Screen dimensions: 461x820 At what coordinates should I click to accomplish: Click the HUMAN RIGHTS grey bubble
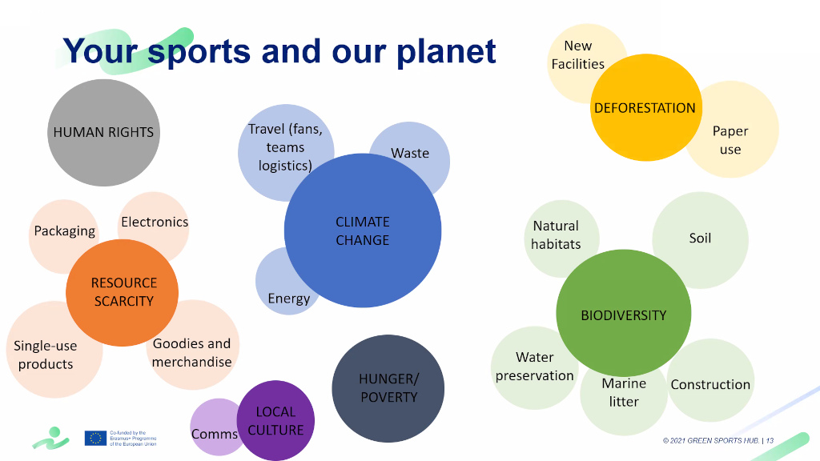tap(103, 132)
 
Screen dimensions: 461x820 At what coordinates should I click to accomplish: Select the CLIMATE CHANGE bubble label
tap(363, 230)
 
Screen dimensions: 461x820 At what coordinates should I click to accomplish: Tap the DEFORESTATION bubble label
tap(645, 108)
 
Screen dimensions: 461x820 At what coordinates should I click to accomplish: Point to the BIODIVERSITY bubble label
tap(623, 315)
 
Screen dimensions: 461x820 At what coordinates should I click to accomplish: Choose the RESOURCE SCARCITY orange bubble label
tap(123, 292)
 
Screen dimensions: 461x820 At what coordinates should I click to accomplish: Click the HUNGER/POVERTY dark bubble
tap(388, 388)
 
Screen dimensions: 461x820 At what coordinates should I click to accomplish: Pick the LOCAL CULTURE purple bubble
tap(276, 421)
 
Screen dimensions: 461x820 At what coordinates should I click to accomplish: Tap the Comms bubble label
tap(214, 434)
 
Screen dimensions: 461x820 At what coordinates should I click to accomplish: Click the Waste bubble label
tap(410, 153)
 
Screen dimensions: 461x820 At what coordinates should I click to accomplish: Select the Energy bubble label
tap(289, 299)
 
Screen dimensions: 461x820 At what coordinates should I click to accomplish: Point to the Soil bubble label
tap(700, 238)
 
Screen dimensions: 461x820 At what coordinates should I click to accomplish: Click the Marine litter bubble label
tap(624, 392)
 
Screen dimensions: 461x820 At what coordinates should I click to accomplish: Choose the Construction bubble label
tap(710, 384)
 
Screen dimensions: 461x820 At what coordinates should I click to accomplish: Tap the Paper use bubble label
tap(730, 140)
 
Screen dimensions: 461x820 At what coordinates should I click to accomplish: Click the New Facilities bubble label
tap(577, 55)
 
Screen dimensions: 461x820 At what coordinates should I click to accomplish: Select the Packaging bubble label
tap(64, 230)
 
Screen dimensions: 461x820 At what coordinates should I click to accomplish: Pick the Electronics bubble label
tap(155, 222)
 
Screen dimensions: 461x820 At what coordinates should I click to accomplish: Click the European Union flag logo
tap(95, 438)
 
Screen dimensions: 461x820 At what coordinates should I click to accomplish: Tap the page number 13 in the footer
tap(770, 440)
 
